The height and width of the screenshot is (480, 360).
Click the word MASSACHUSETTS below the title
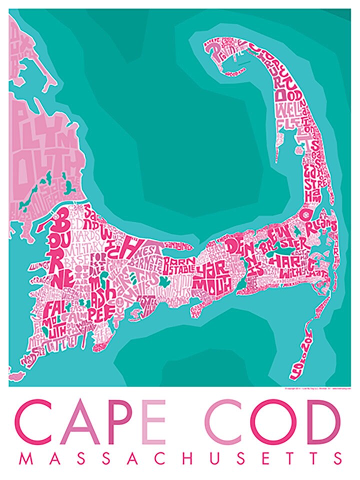click(x=180, y=459)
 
